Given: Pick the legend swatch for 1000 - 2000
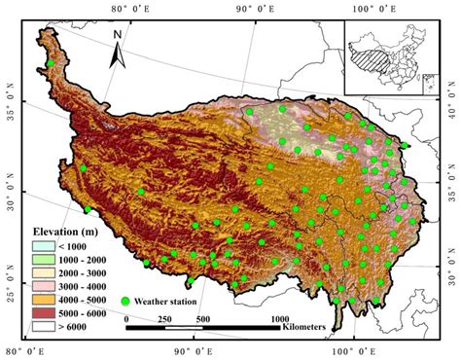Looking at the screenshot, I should (x=36, y=261).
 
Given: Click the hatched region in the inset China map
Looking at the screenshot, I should (x=374, y=47).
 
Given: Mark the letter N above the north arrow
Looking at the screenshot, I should (x=117, y=35).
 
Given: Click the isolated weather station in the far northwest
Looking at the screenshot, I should (x=51, y=64).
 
